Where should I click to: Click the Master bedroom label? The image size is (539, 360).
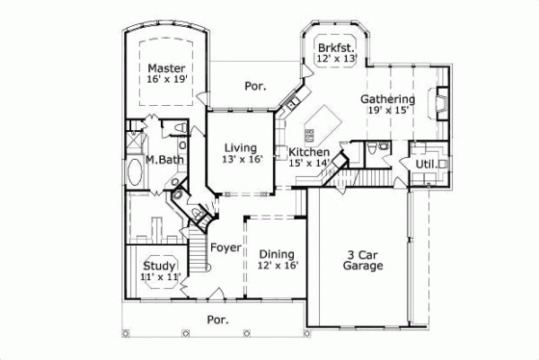pyautogui.click(x=165, y=68)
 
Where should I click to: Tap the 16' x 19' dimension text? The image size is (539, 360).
pyautogui.click(x=165, y=80)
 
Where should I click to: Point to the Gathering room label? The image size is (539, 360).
pyautogui.click(x=387, y=99)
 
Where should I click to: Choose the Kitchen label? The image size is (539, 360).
pyautogui.click(x=308, y=153)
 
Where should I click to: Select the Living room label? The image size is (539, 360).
pyautogui.click(x=240, y=148)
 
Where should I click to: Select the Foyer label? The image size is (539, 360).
pyautogui.click(x=225, y=248)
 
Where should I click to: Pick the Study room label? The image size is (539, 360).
pyautogui.click(x=159, y=266)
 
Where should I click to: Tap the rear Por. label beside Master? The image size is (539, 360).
pyautogui.click(x=254, y=87)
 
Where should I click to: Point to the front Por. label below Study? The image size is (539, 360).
pyautogui.click(x=216, y=319)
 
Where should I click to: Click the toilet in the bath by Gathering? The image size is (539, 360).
pyautogui.click(x=384, y=146)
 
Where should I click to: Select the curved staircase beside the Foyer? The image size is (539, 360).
pyautogui.click(x=199, y=242)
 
